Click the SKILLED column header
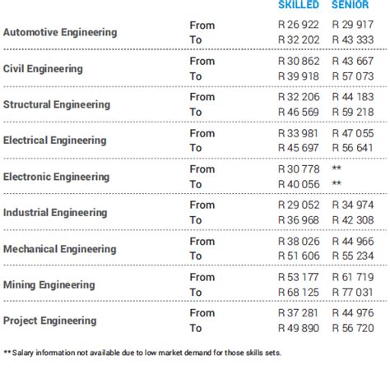tap(298, 5)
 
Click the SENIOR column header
tap(350, 5)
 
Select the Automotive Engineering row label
tap(60, 33)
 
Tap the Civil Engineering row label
tap(43, 69)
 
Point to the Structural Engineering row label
tap(57, 104)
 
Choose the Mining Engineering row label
tap(49, 284)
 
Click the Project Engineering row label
tap(50, 321)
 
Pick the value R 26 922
tap(298, 25)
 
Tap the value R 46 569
tap(298, 113)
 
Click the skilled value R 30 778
tap(298, 169)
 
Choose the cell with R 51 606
tap(298, 256)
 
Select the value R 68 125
tap(298, 292)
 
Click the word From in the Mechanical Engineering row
tap(202, 242)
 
